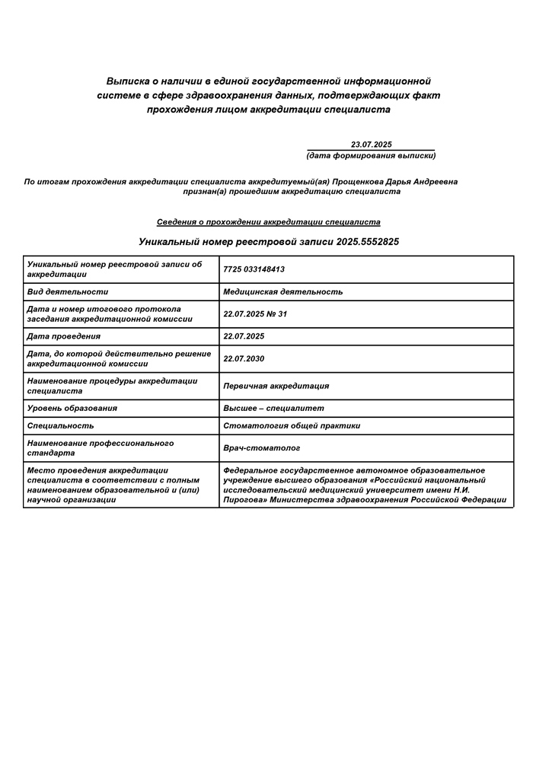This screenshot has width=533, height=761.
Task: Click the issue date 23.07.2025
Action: pyautogui.click(x=371, y=145)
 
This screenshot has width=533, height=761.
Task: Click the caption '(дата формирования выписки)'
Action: pyautogui.click(x=371, y=155)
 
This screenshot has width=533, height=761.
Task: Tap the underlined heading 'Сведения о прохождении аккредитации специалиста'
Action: pyautogui.click(x=269, y=222)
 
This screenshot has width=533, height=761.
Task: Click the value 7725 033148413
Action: pyautogui.click(x=254, y=269)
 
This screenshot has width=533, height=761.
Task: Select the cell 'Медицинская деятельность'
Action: pyautogui.click(x=282, y=291)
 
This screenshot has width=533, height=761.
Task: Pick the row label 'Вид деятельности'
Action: pyautogui.click(x=67, y=291)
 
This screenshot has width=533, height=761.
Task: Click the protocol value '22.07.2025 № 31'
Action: pyautogui.click(x=255, y=314)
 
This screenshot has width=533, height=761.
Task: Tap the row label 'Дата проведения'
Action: pyautogui.click(x=63, y=336)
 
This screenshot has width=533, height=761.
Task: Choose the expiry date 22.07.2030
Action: pyautogui.click(x=244, y=358)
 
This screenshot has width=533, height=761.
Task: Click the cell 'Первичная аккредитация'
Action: pyautogui.click(x=276, y=386)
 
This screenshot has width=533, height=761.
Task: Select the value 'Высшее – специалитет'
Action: pyautogui.click(x=273, y=408)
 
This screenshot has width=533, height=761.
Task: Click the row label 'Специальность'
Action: pyautogui.click(x=60, y=425)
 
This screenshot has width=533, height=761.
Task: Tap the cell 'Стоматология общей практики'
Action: pyautogui.click(x=292, y=425)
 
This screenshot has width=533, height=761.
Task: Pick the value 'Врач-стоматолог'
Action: pyautogui.click(x=262, y=448)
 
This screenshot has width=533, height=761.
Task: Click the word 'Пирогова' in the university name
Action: pyautogui.click(x=242, y=500)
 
